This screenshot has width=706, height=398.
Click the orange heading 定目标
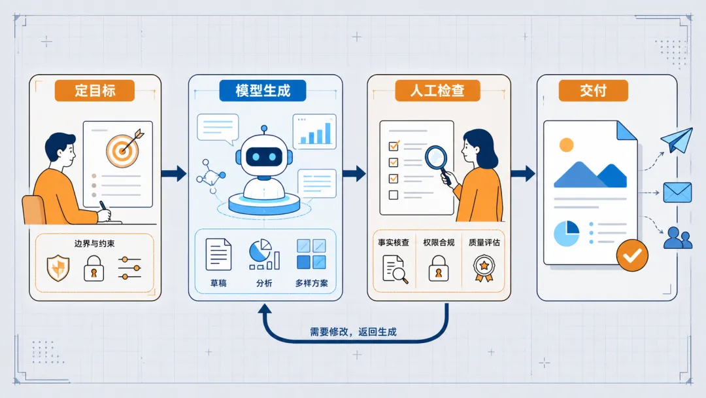95,90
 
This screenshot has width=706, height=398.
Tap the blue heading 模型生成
263,90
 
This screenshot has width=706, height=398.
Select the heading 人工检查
437,90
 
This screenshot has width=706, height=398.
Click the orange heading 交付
593,90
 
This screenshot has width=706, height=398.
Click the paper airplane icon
677,139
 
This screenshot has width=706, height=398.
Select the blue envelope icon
677,192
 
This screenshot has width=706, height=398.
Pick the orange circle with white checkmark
632,255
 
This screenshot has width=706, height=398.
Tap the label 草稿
218,283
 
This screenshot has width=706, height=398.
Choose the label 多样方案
312,283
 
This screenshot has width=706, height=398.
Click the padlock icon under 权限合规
439,268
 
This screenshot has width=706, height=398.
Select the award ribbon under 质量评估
484,268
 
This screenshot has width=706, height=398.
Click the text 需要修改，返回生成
353,332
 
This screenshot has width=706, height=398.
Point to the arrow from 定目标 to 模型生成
174,173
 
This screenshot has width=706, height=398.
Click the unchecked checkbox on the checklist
394,194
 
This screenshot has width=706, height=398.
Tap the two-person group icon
678,238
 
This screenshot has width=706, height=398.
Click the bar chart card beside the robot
314,132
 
